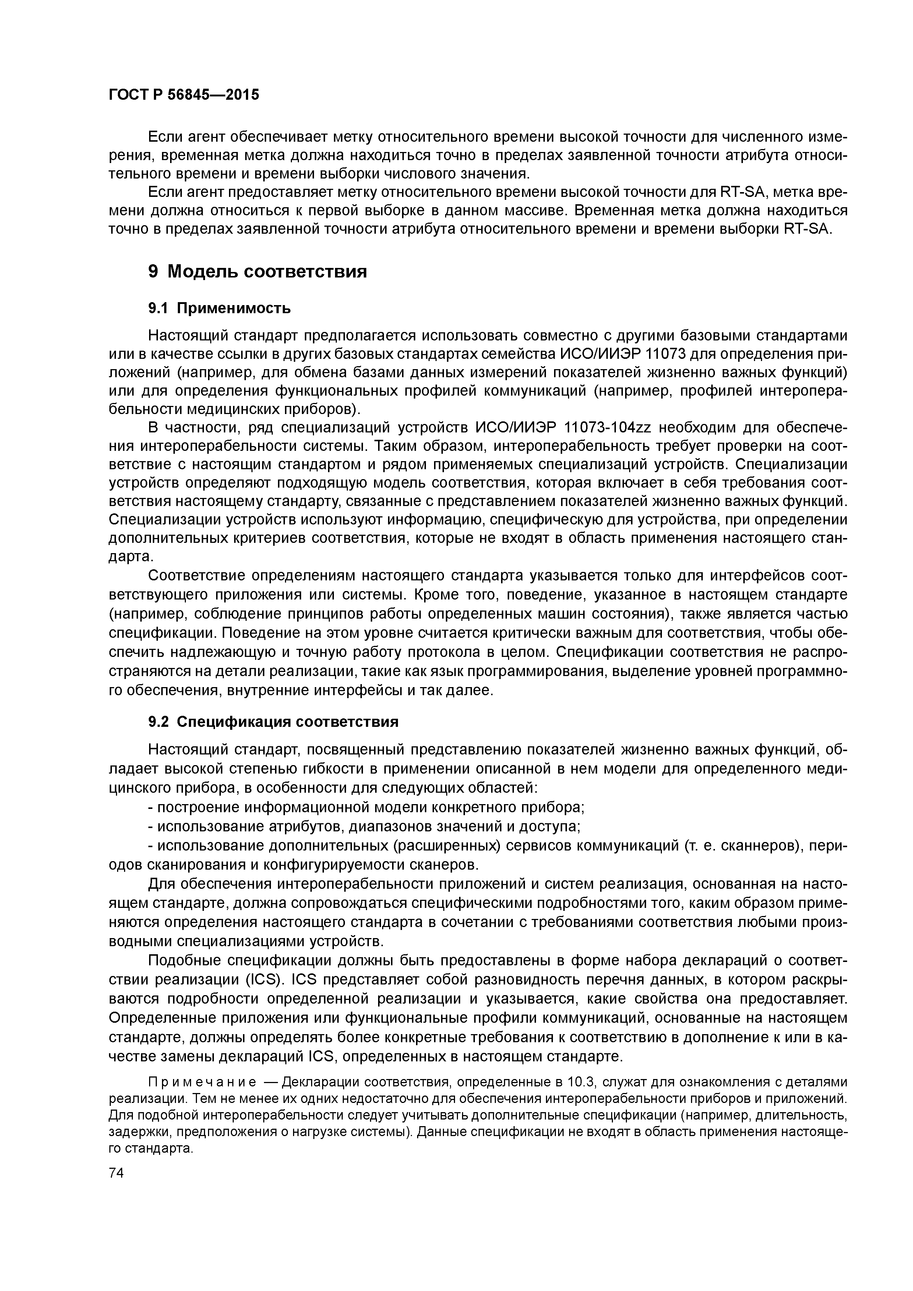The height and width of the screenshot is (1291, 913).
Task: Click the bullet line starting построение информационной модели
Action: point(366,807)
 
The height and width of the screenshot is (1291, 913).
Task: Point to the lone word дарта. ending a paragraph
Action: point(131,557)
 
